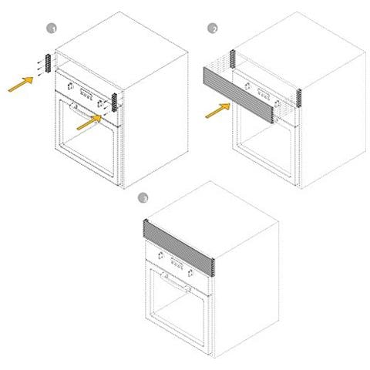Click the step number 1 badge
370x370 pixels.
click(x=52, y=29)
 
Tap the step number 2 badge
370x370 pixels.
click(x=214, y=29)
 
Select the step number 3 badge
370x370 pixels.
click(x=142, y=198)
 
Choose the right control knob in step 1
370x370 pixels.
click(x=101, y=100)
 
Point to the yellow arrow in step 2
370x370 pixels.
click(x=217, y=110)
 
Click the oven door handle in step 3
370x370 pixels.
click(x=177, y=283)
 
